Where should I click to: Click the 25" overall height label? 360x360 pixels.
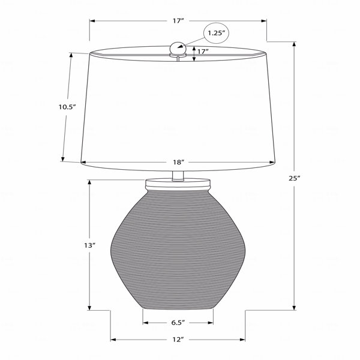tap(295, 178)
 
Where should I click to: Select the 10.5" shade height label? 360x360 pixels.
tap(67, 107)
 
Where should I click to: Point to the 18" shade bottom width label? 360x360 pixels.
tap(179, 163)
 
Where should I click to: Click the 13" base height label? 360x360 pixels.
tap(89, 245)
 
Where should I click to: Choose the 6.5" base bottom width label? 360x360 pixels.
tap(178, 323)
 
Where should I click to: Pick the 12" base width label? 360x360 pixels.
tap(178, 340)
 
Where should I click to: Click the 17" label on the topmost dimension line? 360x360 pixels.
tap(178, 21)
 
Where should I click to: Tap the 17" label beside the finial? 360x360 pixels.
tap(203, 52)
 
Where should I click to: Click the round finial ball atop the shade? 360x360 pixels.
tap(178, 48)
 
